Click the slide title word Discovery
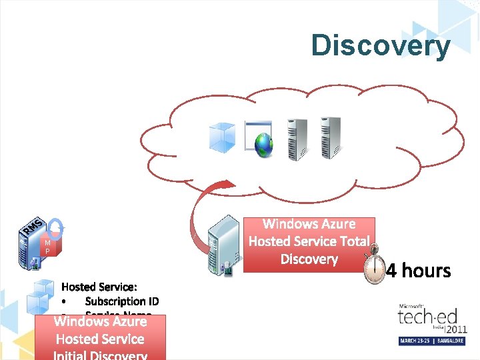tap(380, 45)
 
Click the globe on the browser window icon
tap(264, 143)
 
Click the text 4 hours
tap(419, 271)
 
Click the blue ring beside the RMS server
tap(56, 227)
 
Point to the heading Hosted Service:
tap(99, 287)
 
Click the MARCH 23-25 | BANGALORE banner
tap(433, 341)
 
